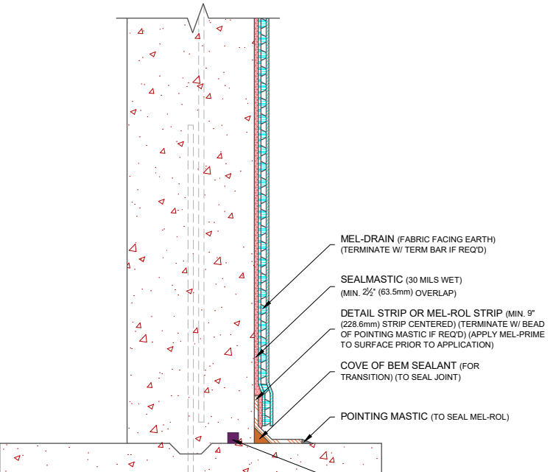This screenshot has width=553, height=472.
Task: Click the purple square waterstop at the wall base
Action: [233, 438]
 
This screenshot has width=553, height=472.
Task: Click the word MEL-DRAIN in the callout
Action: [367, 239]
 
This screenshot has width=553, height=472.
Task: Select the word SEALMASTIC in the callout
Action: [371, 279]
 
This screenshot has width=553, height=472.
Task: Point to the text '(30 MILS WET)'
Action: [434, 280]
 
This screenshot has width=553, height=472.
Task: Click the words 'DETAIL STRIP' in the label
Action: [369, 313]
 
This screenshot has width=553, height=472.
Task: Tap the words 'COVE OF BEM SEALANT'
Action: [398, 365]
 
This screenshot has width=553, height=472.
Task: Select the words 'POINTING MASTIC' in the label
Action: [384, 416]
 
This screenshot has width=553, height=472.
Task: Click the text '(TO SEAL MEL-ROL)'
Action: [470, 417]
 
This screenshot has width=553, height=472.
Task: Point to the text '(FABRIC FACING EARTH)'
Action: [446, 239]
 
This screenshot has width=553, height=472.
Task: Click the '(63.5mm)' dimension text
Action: [395, 292]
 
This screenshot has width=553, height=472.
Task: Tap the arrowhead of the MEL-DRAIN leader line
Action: [267, 304]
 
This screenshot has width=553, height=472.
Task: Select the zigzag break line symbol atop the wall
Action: [198, 18]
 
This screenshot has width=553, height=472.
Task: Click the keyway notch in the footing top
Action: [191, 448]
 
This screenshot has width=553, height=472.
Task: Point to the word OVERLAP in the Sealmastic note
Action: [436, 293]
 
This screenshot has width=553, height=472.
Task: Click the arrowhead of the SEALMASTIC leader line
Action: [259, 353]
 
